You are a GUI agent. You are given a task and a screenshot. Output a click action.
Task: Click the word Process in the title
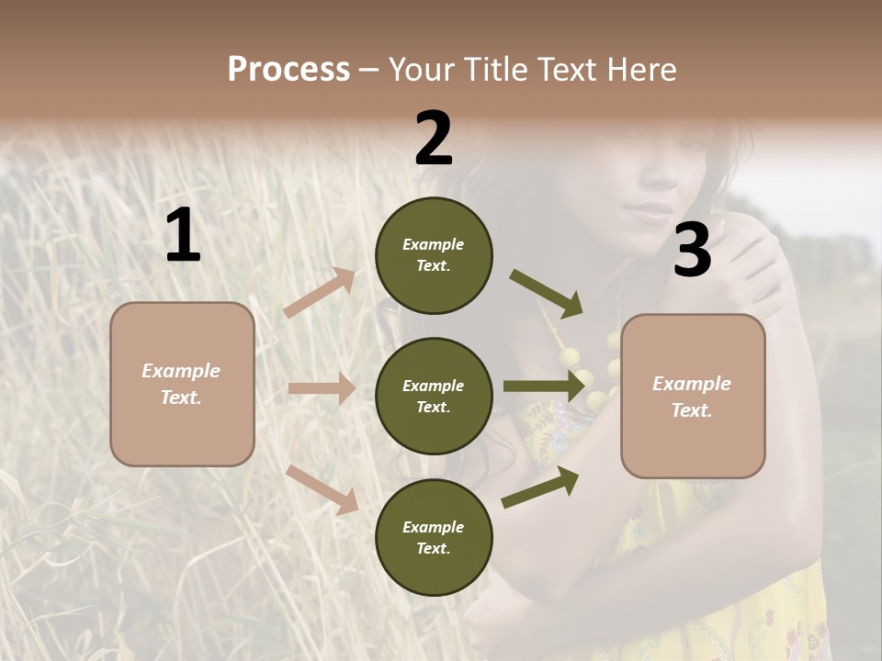point(288,70)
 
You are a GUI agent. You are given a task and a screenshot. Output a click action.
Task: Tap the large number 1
point(183,236)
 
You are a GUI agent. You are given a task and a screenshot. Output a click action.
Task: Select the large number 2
point(434,140)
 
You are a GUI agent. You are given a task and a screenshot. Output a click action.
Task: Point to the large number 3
point(692,251)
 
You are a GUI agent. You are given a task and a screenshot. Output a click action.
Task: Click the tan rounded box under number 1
point(182,384)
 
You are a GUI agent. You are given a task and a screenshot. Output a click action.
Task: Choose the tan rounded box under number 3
point(693,397)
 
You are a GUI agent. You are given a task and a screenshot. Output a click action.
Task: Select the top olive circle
point(434,255)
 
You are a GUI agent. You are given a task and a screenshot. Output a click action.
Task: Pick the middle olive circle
point(434,396)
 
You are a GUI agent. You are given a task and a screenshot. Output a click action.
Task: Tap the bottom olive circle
point(434,537)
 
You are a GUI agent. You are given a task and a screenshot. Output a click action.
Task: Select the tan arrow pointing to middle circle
point(322,388)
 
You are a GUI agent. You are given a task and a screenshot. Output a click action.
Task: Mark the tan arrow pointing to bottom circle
point(322,488)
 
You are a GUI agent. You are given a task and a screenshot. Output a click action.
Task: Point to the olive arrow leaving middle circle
point(544,387)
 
